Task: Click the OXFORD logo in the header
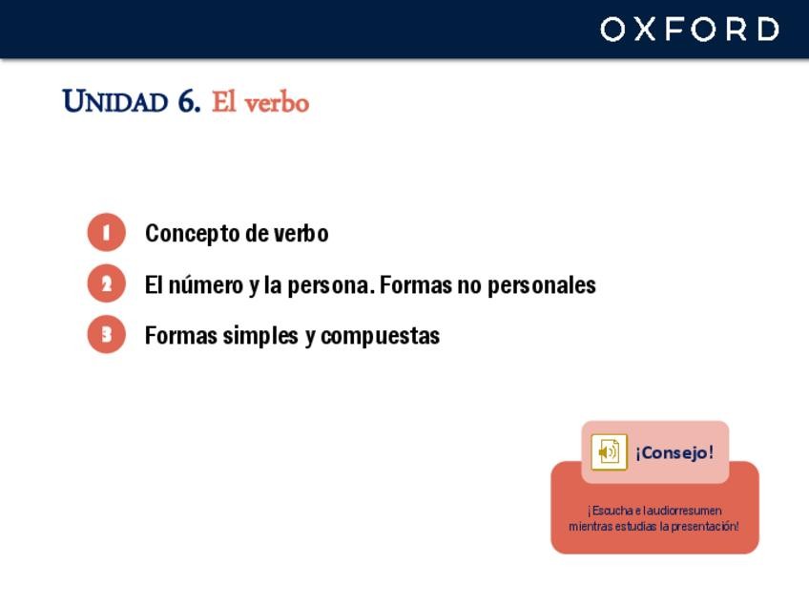(690, 29)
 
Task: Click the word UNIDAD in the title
(115, 101)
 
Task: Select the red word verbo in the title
(277, 103)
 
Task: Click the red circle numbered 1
(106, 232)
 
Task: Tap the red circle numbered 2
(106, 283)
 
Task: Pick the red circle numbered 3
(106, 334)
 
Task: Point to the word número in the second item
(206, 285)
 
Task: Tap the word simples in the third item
(260, 337)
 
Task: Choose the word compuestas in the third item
(381, 337)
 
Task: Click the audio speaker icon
(609, 452)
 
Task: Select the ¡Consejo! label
(674, 452)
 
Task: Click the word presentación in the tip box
(705, 527)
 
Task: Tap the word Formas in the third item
(181, 336)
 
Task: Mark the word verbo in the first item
(301, 233)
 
